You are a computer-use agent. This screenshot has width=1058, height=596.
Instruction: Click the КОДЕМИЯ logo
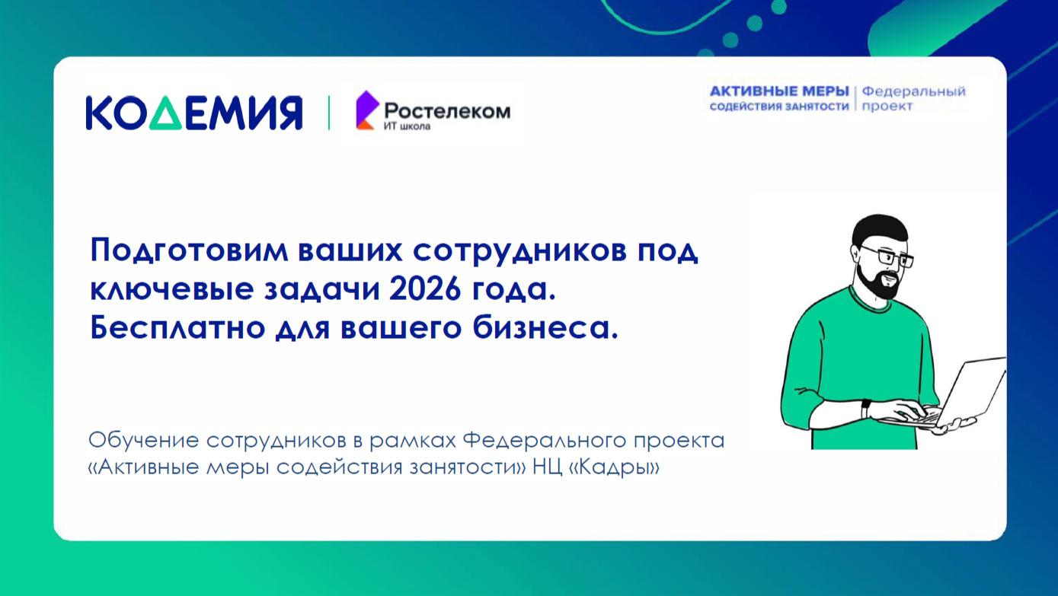193,113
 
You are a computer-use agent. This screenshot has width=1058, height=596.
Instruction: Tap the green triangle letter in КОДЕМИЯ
172,113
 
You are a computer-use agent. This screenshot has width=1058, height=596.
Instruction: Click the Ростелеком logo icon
366,110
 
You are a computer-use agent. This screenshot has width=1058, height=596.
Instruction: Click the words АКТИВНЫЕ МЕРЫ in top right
778,91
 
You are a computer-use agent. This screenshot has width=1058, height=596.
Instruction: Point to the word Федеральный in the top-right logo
914,91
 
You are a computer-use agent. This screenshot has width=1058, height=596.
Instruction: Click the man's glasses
887,257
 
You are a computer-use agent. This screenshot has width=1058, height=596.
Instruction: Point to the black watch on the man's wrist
866,409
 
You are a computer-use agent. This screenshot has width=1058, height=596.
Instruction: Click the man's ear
857,254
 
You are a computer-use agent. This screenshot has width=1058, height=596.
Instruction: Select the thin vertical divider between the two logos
329,113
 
